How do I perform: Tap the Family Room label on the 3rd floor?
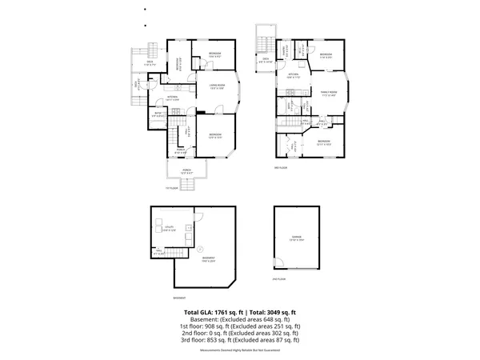click(330, 93)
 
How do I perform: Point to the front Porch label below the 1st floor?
click(186, 171)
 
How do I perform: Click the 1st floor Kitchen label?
click(172, 98)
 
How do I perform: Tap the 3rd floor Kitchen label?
click(294, 76)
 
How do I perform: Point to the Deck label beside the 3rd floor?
click(265, 60)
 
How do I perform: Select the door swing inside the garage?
click(278, 262)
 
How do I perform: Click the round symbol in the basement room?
click(200, 248)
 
